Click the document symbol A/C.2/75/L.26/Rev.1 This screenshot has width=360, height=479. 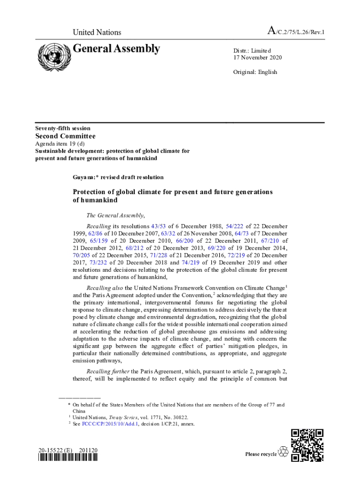coord(295,32)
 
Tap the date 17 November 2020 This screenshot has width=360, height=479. coord(258,58)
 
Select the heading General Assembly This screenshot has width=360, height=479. coord(116,49)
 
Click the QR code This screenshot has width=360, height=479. coord(307,445)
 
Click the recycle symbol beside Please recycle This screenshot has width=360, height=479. coord(283,452)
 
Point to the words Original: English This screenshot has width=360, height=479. coord(255,72)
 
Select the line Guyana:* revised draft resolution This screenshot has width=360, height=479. coord(118,177)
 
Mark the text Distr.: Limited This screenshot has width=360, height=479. coord(252,51)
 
